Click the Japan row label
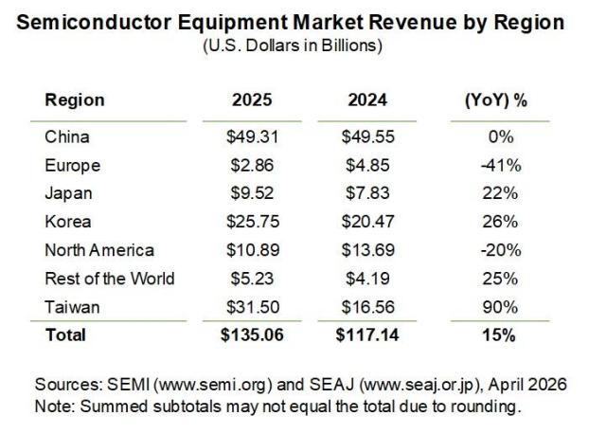coord(66,193)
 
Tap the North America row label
coord(99,250)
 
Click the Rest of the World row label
coord(109,279)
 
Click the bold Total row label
coord(64,335)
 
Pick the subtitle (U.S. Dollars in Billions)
coord(301,45)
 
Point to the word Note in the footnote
coord(54,405)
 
